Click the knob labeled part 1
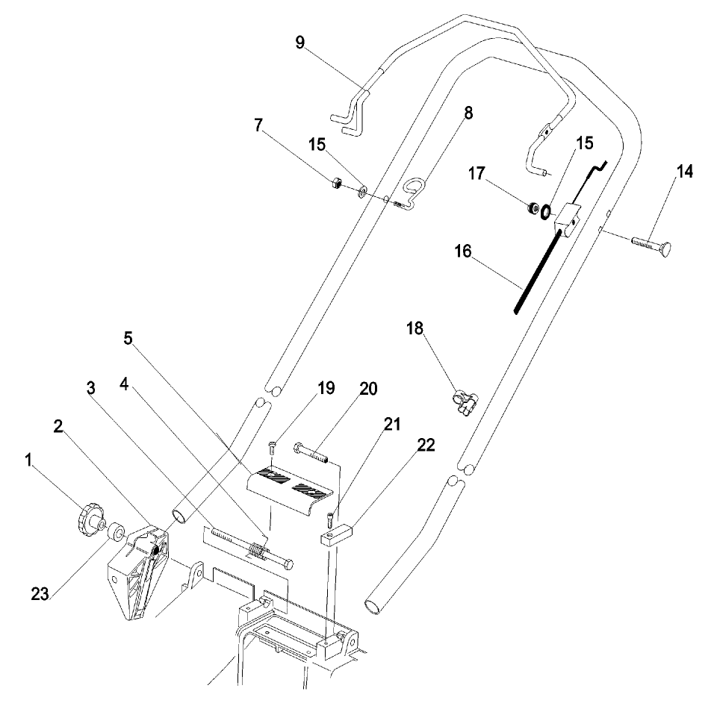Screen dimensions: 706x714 point(90,516)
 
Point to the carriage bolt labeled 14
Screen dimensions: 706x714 point(651,244)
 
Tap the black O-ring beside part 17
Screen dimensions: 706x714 point(546,213)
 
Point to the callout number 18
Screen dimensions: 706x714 point(416,328)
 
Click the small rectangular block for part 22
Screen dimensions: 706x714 point(336,534)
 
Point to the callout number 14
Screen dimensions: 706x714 point(685,172)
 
